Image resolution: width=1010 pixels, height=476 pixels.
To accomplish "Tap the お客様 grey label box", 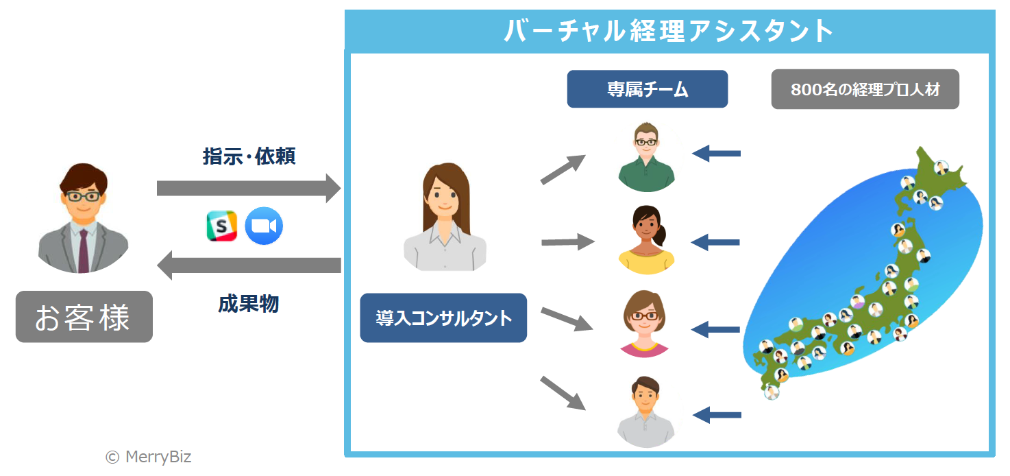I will (x=84, y=317).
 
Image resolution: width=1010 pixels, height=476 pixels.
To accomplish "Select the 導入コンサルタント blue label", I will (x=443, y=318).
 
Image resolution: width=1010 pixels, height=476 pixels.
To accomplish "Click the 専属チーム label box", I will (x=647, y=89).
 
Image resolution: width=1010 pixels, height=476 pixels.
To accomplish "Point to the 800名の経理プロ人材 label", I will (x=865, y=89).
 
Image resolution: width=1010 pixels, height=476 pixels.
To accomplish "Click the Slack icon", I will (x=221, y=226).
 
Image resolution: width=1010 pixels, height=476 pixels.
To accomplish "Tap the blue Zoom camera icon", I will (x=264, y=226).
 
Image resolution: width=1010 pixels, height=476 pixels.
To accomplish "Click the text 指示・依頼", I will (x=249, y=156).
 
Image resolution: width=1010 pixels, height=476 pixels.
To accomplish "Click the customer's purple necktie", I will (x=83, y=250).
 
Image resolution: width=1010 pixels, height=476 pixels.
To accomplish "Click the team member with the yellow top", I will (x=645, y=240).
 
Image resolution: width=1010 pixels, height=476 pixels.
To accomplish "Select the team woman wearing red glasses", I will (x=644, y=322).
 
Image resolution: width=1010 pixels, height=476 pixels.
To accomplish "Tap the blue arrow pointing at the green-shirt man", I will (x=716, y=153).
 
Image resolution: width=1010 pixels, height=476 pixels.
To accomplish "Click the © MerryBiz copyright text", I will (x=149, y=457).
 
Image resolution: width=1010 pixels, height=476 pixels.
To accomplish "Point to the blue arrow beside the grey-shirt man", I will (x=717, y=414).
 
